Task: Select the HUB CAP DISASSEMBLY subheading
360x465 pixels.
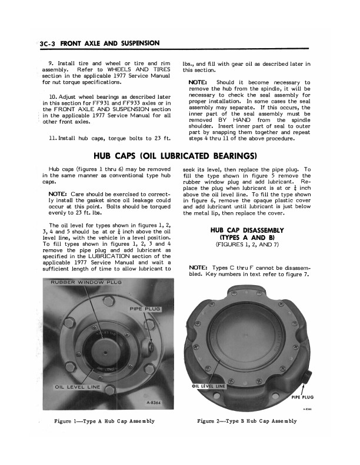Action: pos(255,230)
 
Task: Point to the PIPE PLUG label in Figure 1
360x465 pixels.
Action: pos(144,308)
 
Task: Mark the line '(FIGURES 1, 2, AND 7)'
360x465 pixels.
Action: pos(255,243)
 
